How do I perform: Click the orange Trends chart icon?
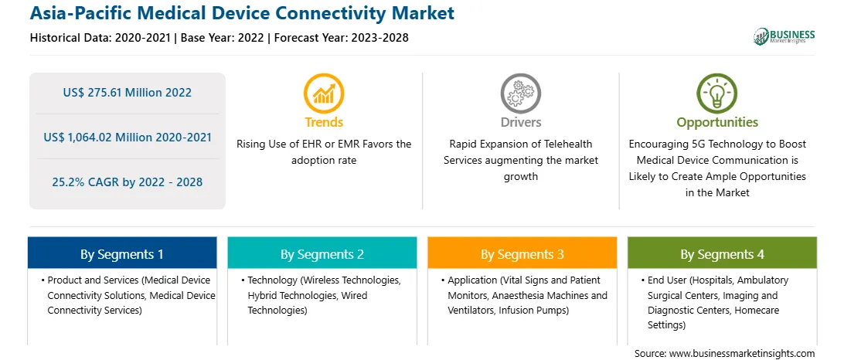tap(324, 93)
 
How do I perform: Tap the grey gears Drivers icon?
tap(520, 93)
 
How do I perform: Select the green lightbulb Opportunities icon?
tap(717, 93)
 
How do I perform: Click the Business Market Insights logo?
tap(784, 36)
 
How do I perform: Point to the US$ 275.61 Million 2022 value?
tap(127, 93)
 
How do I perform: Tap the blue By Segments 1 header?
tap(121, 253)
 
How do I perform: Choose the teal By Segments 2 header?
tap(322, 253)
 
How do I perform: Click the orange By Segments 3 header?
tap(522, 253)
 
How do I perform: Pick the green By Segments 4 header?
tap(723, 253)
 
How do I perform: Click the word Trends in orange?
tap(324, 122)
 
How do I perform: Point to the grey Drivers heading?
tap(520, 122)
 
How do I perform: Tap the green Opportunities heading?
tap(717, 122)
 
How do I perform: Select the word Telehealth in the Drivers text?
tap(568, 144)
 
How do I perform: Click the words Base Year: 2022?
tap(224, 38)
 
